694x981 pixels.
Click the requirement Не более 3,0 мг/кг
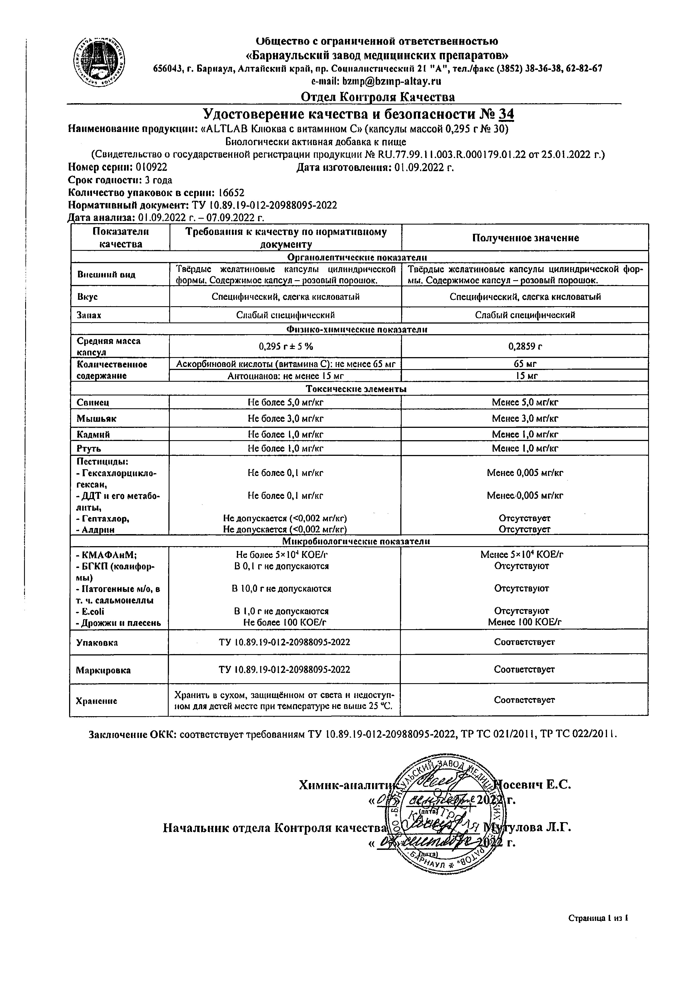[286, 418]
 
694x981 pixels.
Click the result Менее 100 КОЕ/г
[525, 622]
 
